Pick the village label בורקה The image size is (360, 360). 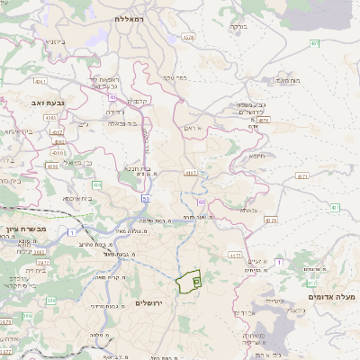(238, 27)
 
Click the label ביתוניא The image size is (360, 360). (56, 42)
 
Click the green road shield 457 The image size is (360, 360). (314, 42)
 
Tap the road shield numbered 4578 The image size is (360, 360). (187, 38)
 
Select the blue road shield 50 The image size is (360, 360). (145, 196)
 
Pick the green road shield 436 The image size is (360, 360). (96, 184)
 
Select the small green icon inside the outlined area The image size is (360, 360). (197, 282)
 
